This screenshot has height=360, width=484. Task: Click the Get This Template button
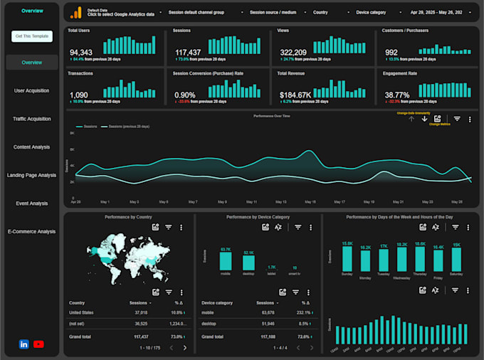coord(32,36)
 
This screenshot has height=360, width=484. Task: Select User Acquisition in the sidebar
coord(32,90)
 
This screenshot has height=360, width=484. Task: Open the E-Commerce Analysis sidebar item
coord(32,231)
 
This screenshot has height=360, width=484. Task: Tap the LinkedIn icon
coord(24,344)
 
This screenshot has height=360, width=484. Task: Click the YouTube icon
coord(38,344)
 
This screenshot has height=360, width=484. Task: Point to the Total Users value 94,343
coord(80,53)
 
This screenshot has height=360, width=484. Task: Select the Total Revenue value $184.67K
coord(295,95)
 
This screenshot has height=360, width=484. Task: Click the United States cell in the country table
coord(83,312)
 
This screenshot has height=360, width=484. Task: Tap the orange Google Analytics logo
coord(75,13)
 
